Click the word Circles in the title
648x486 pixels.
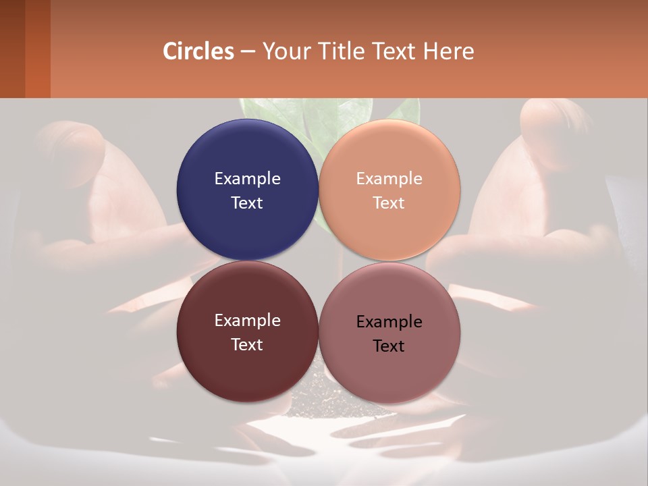click(198, 51)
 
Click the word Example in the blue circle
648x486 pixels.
click(247, 179)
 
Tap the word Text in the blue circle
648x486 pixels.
click(247, 203)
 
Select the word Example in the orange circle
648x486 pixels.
click(389, 179)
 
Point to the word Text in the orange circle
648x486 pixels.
click(389, 203)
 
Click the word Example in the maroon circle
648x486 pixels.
click(247, 321)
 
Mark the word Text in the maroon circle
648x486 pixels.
click(247, 345)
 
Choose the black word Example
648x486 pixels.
click(389, 322)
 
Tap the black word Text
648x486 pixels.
click(389, 346)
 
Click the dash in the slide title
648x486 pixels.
click(248, 51)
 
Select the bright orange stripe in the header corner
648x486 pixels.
click(38, 49)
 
